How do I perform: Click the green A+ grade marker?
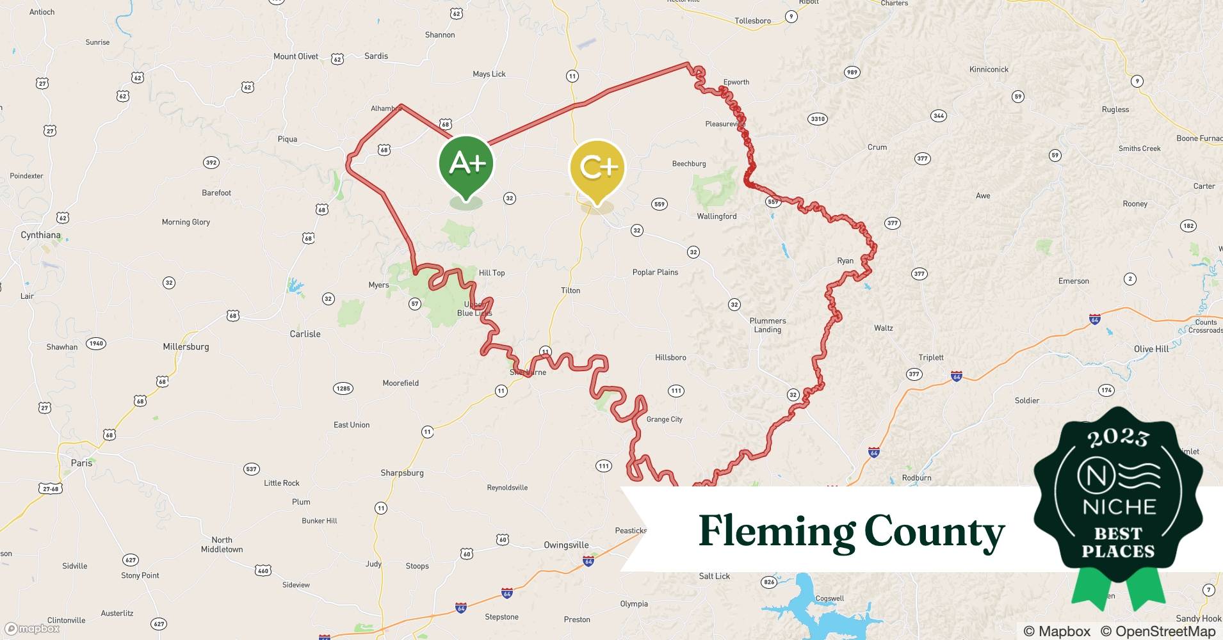[466, 164]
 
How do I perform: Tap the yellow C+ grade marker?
[597, 168]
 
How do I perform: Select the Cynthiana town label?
[40, 235]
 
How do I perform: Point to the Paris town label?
[81, 463]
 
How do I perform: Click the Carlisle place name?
[305, 334]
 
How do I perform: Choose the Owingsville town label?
[566, 545]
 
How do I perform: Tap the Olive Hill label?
[1151, 349]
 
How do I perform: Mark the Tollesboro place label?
[752, 21]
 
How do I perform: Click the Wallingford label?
[717, 216]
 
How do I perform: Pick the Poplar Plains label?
[655, 272]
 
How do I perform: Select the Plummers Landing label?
[767, 325]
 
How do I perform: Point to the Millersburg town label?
[186, 347]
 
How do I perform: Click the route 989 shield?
[852, 72]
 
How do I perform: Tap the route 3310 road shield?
[818, 119]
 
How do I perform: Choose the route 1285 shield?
[343, 388]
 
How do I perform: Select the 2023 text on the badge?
[1118, 438]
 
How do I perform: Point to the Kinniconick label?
[989, 69]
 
